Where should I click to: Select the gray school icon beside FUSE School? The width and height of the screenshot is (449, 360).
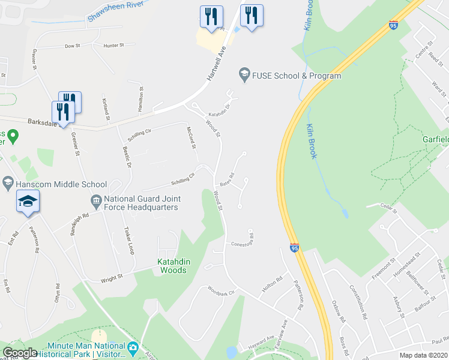pos(244,75)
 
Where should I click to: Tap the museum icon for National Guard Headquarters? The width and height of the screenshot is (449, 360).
pos(95,200)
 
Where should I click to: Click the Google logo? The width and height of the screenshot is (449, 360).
pos(20,353)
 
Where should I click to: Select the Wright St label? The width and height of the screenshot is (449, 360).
pos(112,278)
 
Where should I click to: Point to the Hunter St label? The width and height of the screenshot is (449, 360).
pos(113,45)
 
